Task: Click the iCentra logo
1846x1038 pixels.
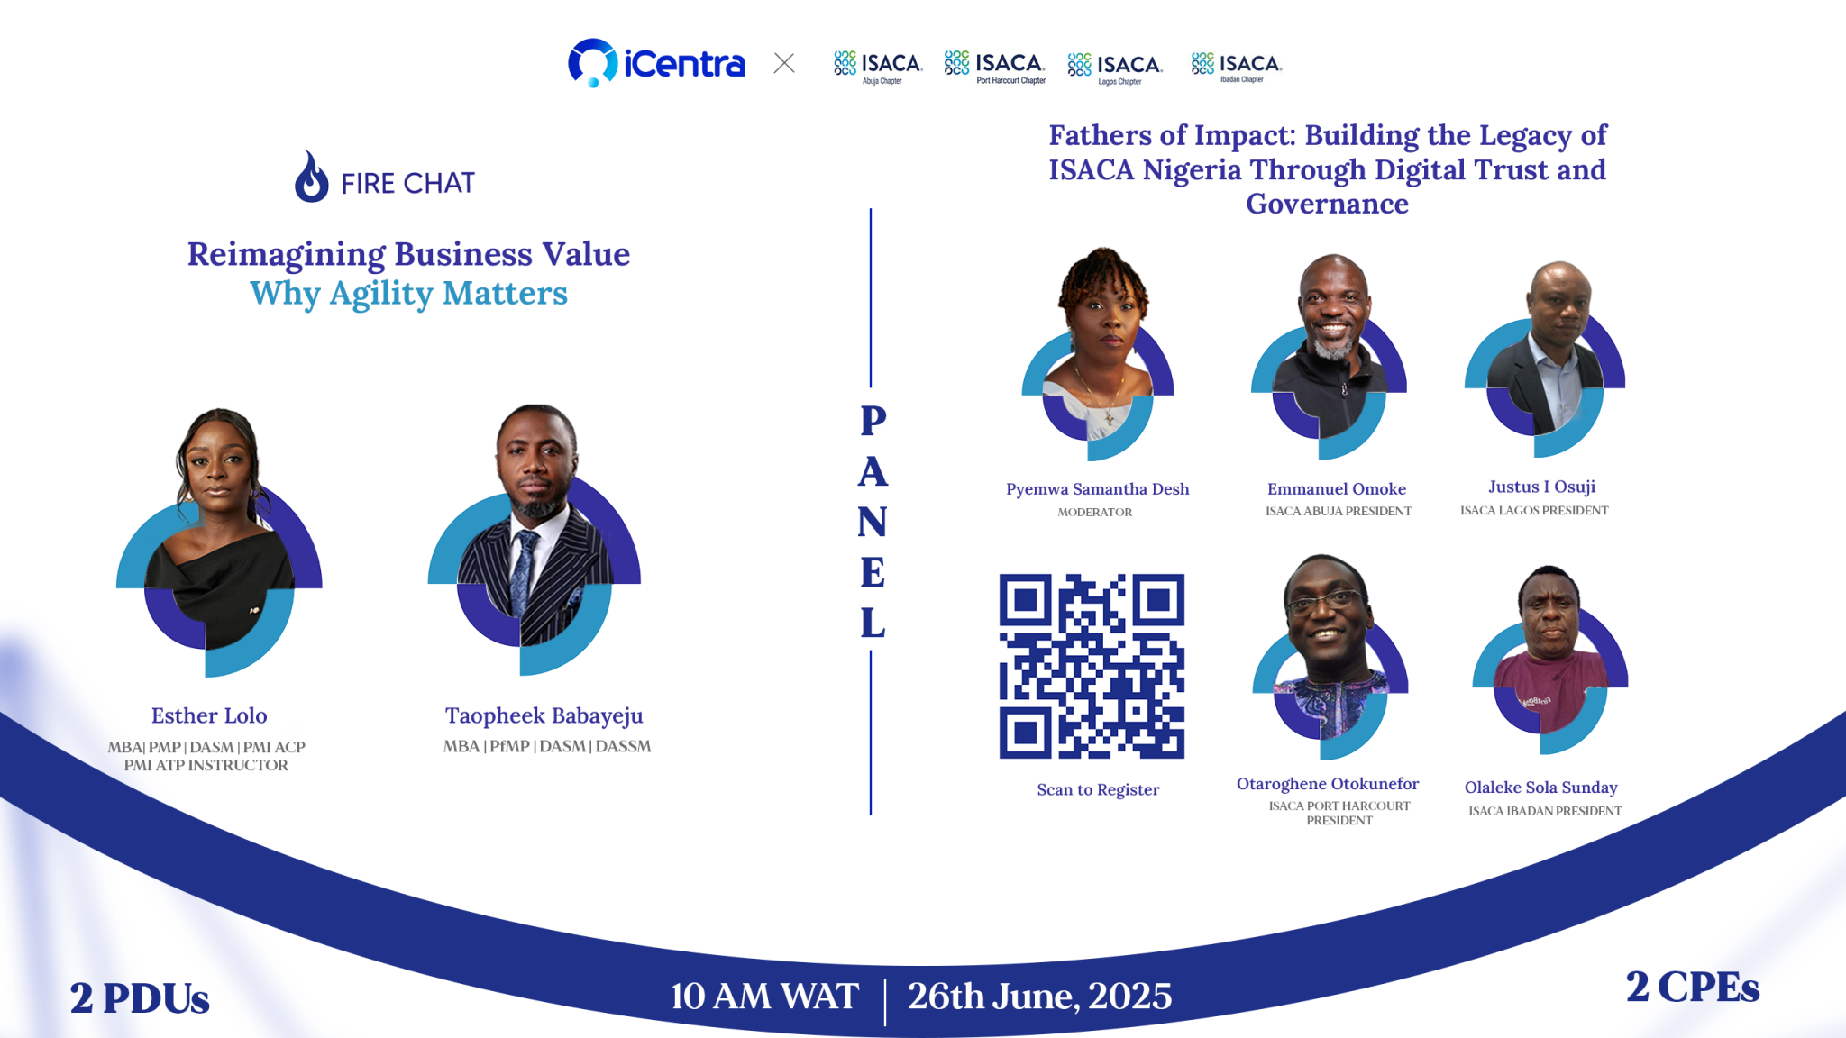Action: click(656, 63)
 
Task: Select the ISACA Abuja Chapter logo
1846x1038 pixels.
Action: click(878, 66)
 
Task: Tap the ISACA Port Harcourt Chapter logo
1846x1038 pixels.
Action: click(994, 66)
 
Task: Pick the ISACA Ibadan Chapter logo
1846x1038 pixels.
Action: click(1236, 66)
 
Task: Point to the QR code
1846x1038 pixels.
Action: click(1092, 666)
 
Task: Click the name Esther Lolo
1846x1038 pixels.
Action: click(209, 715)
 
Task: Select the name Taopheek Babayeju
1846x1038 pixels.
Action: click(544, 715)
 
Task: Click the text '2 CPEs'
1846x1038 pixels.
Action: click(1692, 988)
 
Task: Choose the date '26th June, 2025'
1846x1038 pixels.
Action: click(1039, 997)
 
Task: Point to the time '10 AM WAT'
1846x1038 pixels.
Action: click(764, 997)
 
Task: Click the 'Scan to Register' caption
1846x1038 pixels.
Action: click(1098, 790)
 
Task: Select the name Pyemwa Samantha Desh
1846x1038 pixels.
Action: click(1097, 489)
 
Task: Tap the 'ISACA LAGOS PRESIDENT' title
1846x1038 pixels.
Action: click(1534, 511)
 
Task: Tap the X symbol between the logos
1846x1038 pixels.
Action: click(784, 63)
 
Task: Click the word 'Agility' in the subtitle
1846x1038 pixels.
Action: click(381, 295)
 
